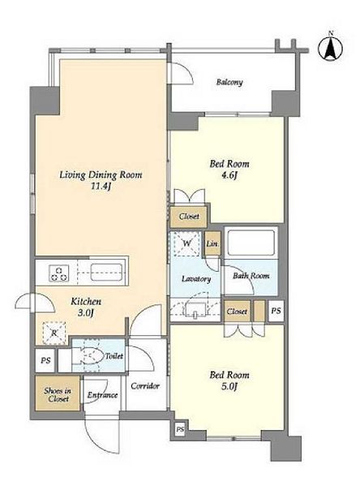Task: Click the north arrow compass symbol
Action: [330, 48]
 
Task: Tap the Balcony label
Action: [229, 82]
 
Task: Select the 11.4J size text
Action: [101, 187]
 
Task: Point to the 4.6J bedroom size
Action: [229, 175]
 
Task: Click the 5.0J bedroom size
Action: [229, 386]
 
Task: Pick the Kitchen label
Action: [86, 302]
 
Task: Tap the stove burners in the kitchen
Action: [58, 273]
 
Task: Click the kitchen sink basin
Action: [106, 273]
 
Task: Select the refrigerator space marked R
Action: [54, 333]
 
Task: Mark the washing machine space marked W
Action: [186, 243]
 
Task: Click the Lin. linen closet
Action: [212, 243]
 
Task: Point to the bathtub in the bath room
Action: [251, 243]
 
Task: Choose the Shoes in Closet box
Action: [58, 394]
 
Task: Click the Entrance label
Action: [102, 395]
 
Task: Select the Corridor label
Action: [145, 386]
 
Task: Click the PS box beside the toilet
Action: [45, 360]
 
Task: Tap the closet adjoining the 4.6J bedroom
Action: [189, 217]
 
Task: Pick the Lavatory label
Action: [196, 279]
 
